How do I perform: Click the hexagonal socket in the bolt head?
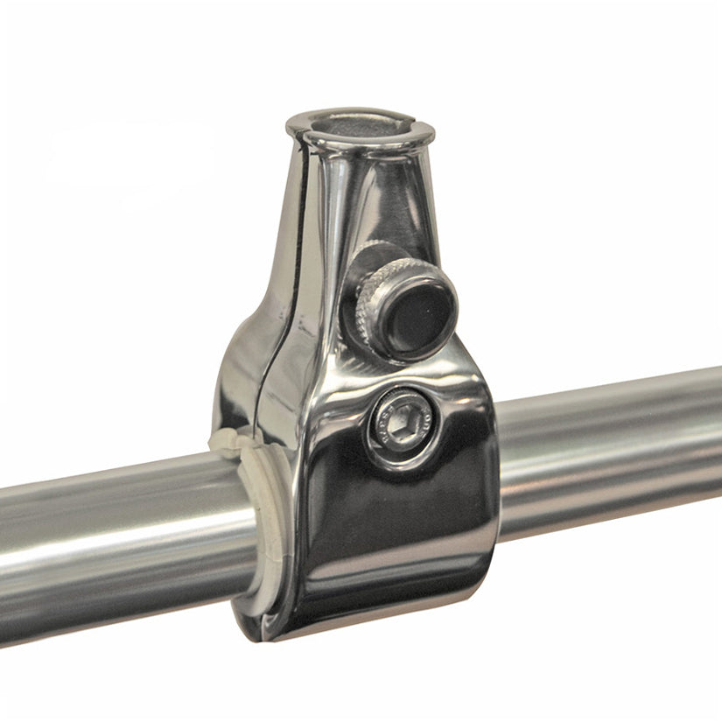tap(400, 425)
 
